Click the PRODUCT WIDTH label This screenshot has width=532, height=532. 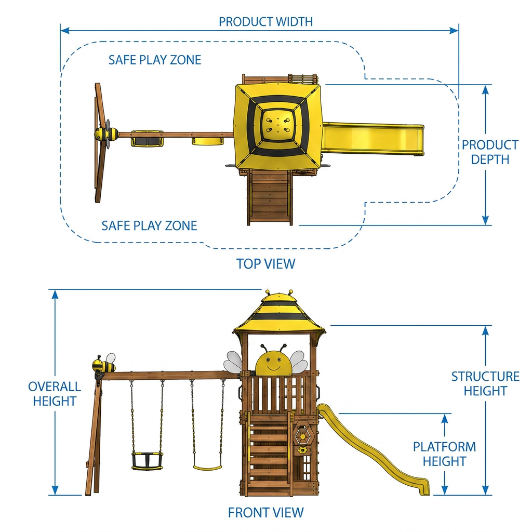coord(265,22)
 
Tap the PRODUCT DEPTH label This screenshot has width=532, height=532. coord(490,152)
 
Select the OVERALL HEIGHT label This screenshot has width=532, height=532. coord(54,394)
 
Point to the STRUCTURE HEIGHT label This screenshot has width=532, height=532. coord(485,383)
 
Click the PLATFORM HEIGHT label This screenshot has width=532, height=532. coord(445,454)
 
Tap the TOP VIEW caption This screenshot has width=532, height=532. coord(265,263)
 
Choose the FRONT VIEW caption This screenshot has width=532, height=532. coord(265,512)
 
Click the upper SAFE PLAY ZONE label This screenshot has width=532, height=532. coord(155,60)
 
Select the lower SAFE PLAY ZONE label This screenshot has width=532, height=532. coord(149,225)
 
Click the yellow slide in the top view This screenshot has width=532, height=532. coord(373,139)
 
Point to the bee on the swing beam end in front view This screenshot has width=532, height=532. coord(104,364)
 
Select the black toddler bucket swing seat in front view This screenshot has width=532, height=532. coord(147,460)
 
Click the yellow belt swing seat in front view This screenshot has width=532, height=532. coord(208,468)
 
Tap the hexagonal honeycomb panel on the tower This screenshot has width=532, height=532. coord(302,436)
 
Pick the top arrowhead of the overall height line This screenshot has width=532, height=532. coord(55,295)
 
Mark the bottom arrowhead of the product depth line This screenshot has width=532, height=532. coord(486,220)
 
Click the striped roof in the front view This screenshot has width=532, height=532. coord(279,312)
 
